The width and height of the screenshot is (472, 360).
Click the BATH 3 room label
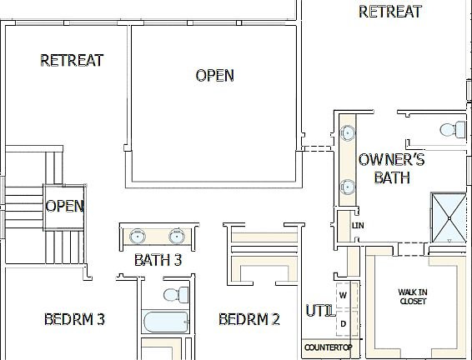[158, 260]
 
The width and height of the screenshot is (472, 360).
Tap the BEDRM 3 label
[74, 319]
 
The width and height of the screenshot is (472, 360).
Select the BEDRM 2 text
[249, 319]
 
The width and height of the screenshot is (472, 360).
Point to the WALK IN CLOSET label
[413, 296]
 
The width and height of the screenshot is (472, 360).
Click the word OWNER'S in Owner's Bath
[391, 160]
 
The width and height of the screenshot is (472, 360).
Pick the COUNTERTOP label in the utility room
[328, 347]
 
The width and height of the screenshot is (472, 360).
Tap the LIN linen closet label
[359, 226]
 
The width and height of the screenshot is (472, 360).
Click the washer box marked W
[343, 295]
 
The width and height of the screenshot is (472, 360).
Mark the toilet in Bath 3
[175, 295]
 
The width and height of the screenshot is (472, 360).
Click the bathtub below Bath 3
[166, 322]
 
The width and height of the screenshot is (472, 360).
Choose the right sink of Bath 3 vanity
[177, 236]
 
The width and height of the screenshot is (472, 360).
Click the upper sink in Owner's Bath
[347, 132]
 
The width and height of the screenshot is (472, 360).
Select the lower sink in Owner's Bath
[347, 187]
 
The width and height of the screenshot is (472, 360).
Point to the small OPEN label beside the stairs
[64, 206]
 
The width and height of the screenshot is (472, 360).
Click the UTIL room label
[319, 312]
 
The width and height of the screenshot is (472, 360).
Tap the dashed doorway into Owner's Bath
[316, 149]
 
